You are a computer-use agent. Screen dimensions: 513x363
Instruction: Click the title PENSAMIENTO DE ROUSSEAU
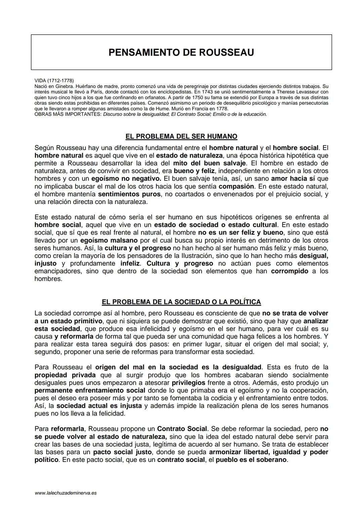(x=181, y=52)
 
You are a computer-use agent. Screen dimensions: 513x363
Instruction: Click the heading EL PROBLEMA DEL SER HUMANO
(x=181, y=136)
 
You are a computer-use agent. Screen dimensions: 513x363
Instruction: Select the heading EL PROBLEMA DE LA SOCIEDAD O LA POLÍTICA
(x=181, y=302)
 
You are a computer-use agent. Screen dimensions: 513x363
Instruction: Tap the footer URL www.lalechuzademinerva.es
(x=66, y=493)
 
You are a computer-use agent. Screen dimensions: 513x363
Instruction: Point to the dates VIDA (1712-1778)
(x=54, y=81)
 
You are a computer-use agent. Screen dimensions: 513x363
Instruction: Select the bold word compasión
(x=236, y=186)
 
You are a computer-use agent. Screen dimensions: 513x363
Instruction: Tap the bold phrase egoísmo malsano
(x=109, y=241)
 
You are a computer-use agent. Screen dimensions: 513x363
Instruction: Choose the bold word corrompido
(x=289, y=271)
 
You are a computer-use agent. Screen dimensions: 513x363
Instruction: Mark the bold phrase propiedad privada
(x=65, y=375)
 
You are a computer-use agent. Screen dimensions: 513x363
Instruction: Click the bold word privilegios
(x=188, y=383)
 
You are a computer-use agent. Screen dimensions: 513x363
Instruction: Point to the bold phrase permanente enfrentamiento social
(x=90, y=390)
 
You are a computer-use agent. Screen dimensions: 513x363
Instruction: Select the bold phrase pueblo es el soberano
(x=251, y=460)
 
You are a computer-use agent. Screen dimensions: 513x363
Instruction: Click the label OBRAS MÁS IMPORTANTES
(x=68, y=114)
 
